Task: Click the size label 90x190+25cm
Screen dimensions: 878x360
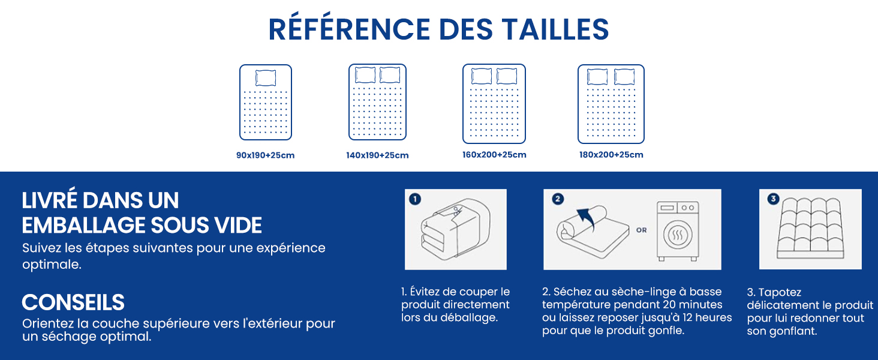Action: [265, 155]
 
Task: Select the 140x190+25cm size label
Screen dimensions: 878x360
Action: [377, 155]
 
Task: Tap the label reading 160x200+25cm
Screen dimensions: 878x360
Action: [494, 155]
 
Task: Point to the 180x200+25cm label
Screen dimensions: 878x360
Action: [612, 155]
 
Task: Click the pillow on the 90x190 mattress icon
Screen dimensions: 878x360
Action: [266, 77]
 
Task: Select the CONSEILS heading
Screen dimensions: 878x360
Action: [73, 302]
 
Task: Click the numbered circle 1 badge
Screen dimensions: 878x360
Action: [415, 199]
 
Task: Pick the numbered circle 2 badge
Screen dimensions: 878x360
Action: [558, 199]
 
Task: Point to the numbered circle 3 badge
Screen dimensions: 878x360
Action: [773, 199]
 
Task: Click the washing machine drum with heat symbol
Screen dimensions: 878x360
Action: [678, 235]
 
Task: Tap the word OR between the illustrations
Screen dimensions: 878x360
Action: [642, 230]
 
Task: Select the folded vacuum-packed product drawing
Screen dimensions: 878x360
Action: [455, 228]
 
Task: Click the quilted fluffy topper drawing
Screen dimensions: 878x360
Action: [810, 227]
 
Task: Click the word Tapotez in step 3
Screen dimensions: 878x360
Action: [780, 293]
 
